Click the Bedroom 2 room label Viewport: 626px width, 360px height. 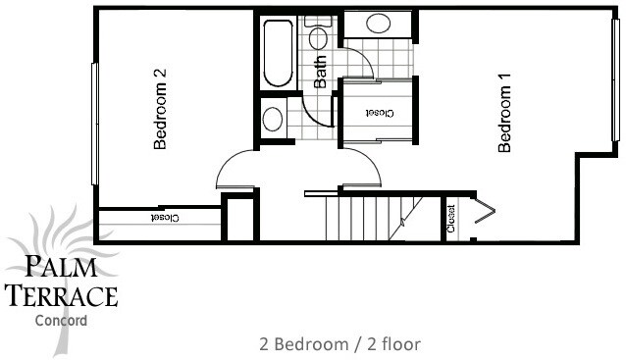159,109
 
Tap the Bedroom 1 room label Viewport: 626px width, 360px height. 506,119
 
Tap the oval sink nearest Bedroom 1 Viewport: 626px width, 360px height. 377,25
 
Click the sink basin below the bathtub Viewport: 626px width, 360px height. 273,120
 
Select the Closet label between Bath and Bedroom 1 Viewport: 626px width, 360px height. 379,113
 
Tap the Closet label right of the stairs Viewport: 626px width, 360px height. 452,219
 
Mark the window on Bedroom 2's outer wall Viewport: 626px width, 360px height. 94,123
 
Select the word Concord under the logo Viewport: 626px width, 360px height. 60,320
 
